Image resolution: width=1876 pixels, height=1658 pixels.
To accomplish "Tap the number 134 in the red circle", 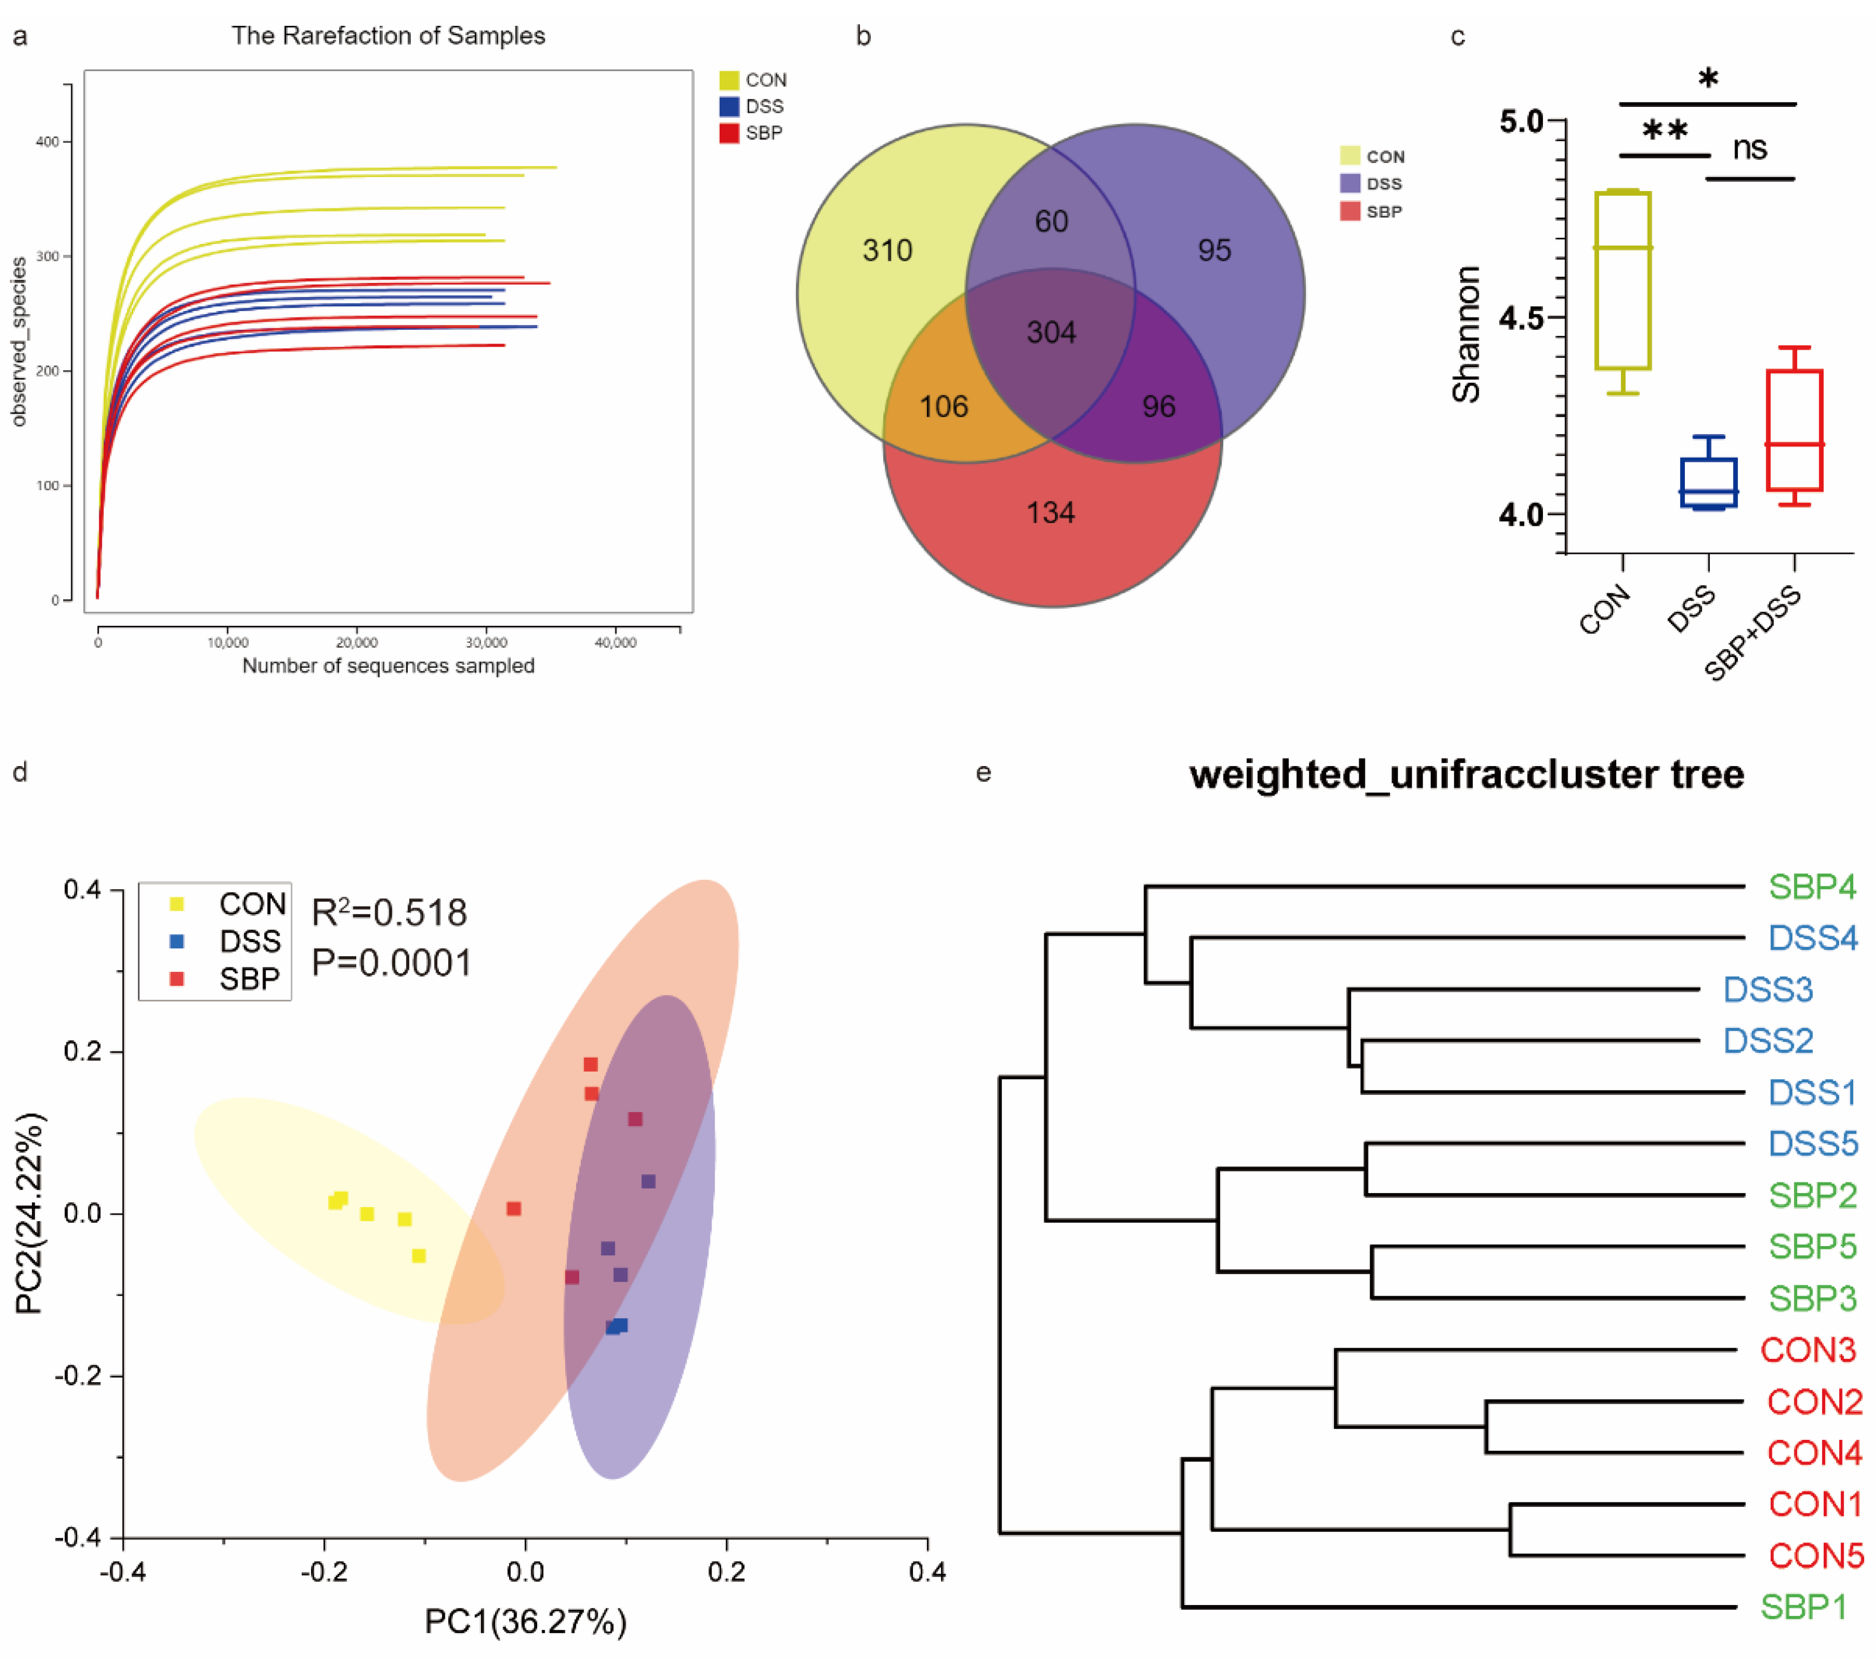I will click(x=1051, y=512).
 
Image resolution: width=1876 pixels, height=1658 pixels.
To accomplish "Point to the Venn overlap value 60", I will click(x=1051, y=221).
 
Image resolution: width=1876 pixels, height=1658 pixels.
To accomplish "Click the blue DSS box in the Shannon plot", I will click(x=1708, y=483).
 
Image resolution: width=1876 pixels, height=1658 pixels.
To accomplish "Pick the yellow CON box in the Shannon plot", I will click(x=1623, y=280).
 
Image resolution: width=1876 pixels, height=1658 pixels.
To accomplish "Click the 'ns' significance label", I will click(x=1749, y=148).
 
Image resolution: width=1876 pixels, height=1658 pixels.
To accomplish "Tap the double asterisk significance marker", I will click(x=1665, y=130).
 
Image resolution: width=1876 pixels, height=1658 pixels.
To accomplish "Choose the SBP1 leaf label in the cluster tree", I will click(x=1803, y=1607).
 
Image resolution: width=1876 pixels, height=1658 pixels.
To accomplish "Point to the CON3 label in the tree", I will click(x=1807, y=1350).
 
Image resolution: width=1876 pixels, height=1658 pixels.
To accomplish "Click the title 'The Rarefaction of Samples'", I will click(x=388, y=36).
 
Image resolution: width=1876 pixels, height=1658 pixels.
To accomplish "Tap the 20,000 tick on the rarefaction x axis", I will click(x=357, y=642).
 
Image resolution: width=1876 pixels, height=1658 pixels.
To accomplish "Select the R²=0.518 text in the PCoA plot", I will click(x=389, y=912).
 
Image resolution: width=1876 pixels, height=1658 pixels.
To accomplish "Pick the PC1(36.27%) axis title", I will click(x=525, y=1621).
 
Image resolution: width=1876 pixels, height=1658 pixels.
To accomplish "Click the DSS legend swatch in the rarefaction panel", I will click(x=729, y=106).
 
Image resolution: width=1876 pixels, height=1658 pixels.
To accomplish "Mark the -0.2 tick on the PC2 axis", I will click(x=79, y=1375).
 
